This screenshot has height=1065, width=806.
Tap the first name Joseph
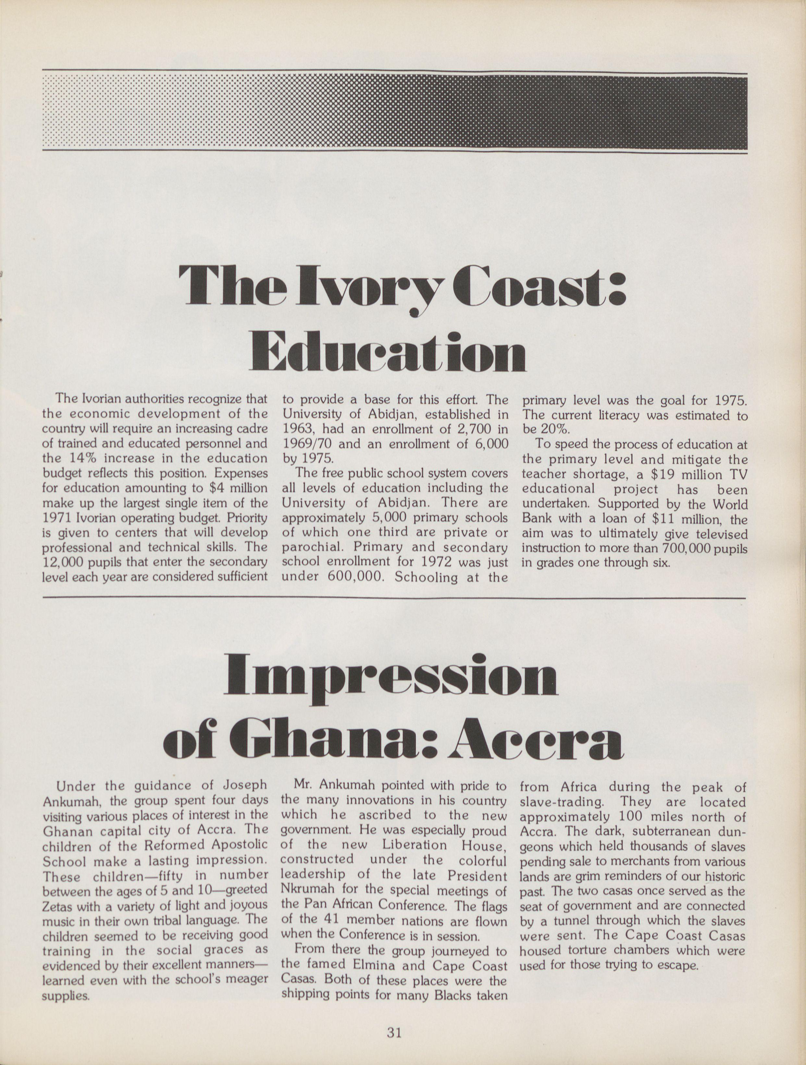tap(244, 785)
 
